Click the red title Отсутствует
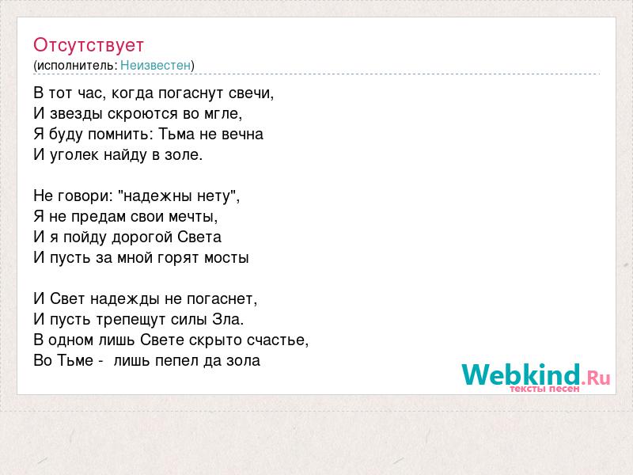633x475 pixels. click(89, 45)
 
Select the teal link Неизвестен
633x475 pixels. click(155, 66)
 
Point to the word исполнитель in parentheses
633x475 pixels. click(77, 66)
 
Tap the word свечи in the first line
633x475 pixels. click(251, 93)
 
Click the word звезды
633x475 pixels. click(76, 114)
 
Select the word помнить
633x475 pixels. click(120, 135)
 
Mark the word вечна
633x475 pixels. click(243, 135)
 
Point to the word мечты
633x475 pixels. click(192, 217)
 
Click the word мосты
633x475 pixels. click(226, 258)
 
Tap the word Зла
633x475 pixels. click(228, 320)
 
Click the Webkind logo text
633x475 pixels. click(521, 374)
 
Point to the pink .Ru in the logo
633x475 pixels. click(596, 378)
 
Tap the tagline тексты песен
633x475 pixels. click(544, 389)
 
